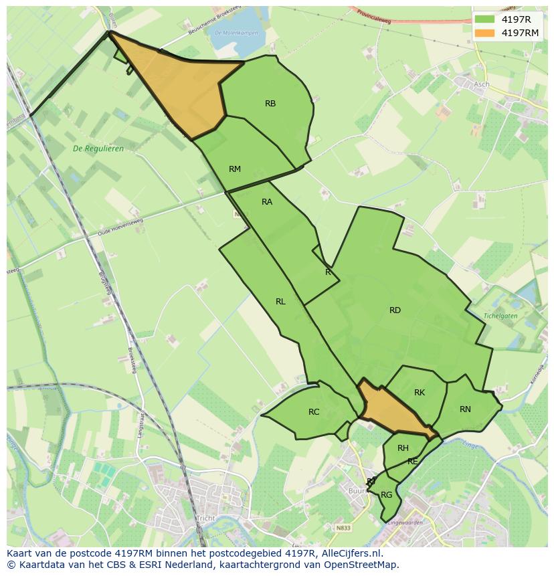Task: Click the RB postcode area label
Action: [270, 103]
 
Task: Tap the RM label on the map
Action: [234, 169]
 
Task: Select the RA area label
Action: [267, 201]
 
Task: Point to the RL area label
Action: [280, 302]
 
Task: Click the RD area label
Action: [395, 310]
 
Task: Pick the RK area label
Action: [420, 393]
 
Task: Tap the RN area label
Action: [465, 409]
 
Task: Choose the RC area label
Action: [314, 411]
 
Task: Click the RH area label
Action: [403, 448]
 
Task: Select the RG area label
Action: [386, 495]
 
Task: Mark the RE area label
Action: [413, 462]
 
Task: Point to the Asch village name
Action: [481, 84]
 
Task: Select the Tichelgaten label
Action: [501, 315]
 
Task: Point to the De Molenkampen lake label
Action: [227, 32]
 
